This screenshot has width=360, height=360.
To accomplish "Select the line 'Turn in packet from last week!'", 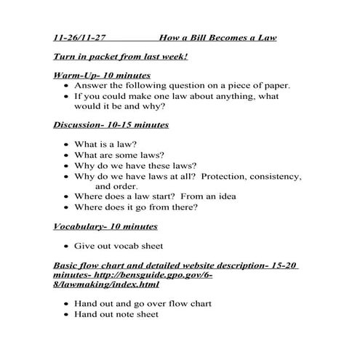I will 121,56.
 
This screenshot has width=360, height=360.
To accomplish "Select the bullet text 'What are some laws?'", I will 119,155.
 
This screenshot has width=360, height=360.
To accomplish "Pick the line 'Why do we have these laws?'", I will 135,165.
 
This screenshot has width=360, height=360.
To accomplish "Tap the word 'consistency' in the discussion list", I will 276,176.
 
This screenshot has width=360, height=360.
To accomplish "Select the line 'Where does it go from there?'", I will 136,207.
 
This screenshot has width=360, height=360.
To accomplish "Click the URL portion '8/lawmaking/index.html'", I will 106,284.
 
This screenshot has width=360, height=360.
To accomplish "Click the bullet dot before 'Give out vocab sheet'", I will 66,247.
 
